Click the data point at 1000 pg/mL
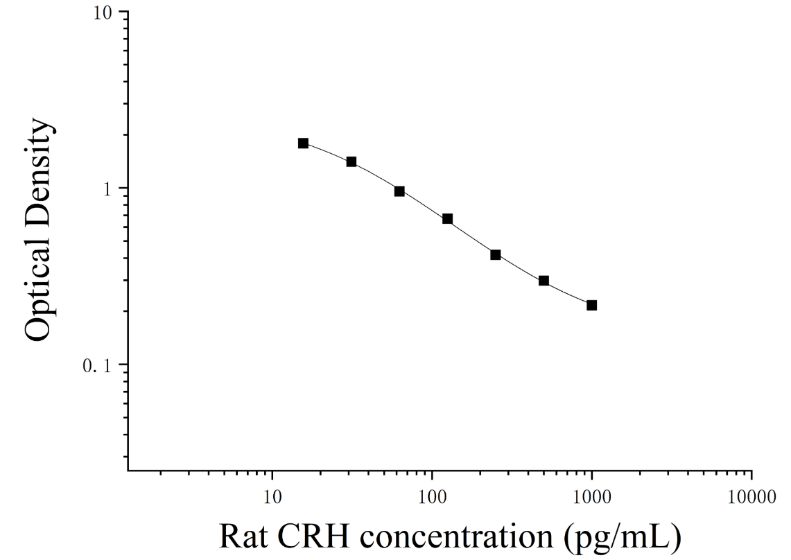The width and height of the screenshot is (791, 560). [x=592, y=305]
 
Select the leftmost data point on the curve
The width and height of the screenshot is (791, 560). [x=303, y=143]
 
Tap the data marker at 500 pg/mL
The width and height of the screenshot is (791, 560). [x=544, y=281]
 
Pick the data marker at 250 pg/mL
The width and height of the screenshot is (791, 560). [x=496, y=255]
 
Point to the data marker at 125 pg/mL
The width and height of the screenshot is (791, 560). [x=447, y=219]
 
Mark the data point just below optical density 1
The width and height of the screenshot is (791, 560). [x=399, y=191]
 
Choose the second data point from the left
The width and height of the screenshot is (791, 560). [x=351, y=161]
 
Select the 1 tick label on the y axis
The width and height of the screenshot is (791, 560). [x=107, y=189]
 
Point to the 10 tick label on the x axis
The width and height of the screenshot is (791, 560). [x=272, y=497]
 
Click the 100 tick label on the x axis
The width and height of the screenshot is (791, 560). [x=432, y=497]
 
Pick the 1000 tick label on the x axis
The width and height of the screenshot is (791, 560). [x=592, y=497]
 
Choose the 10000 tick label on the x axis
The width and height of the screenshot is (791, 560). [x=751, y=497]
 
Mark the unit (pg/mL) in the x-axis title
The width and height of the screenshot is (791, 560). [x=622, y=537]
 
